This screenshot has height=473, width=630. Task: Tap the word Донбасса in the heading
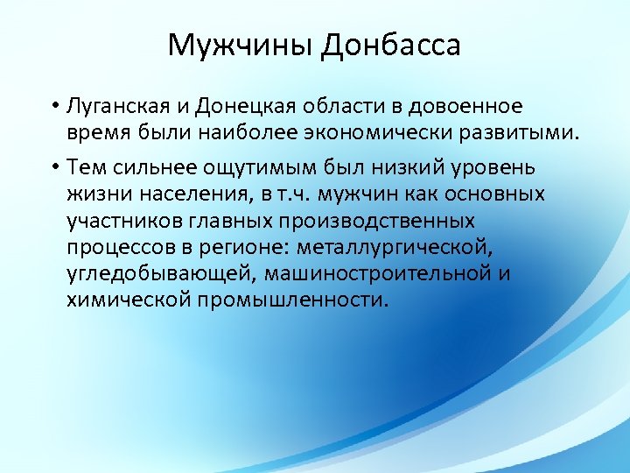[390, 45]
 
